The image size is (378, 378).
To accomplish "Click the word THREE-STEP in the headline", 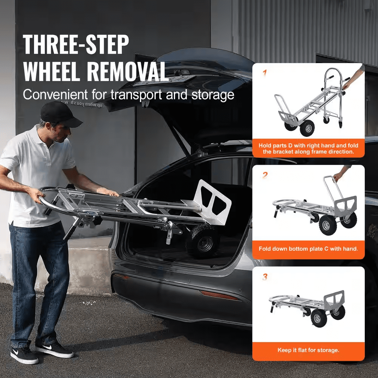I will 76,45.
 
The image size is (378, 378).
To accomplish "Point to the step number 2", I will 265,175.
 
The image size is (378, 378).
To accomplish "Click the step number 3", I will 265,277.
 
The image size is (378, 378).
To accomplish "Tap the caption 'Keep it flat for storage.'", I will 308,350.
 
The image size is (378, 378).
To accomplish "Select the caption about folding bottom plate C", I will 308,249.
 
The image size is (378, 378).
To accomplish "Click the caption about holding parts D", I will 308,148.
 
